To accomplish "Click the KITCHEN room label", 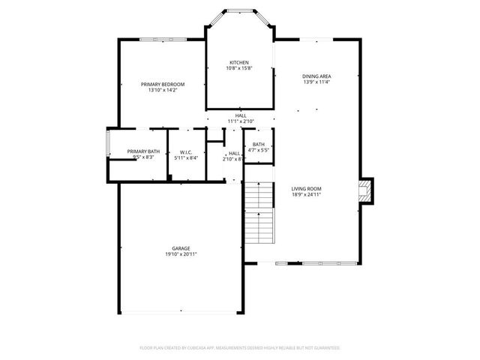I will (x=239, y=62).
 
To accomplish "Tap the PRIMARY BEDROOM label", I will (x=163, y=84).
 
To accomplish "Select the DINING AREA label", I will (x=316, y=76).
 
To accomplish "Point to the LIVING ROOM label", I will (x=306, y=188).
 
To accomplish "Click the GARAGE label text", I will (x=181, y=248).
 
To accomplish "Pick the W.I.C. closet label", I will (x=187, y=151).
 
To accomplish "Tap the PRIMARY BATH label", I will (x=143, y=151).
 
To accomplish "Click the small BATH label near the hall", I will (x=259, y=144).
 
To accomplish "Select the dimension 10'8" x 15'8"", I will (x=239, y=68).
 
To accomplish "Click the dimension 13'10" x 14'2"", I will (x=163, y=90).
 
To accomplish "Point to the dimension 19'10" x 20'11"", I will (x=181, y=254).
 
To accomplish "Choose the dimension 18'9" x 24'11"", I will (x=306, y=194).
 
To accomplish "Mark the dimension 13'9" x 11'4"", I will (x=316, y=82).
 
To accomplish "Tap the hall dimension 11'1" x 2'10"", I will (x=241, y=121).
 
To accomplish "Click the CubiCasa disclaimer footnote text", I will (x=240, y=348).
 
